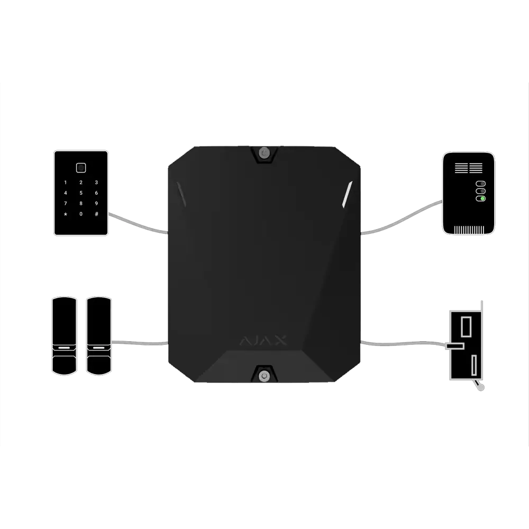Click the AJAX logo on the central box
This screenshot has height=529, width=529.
point(263,340)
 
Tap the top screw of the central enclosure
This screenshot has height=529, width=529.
point(264,153)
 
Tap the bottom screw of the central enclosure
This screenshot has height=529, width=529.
point(264,376)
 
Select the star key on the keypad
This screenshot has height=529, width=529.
point(66,214)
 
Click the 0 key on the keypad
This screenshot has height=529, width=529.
point(81,214)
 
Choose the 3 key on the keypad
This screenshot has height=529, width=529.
point(96,183)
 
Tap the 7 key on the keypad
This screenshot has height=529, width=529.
point(66,204)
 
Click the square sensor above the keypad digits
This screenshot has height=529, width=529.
point(81,168)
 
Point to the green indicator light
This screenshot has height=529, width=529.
point(482,199)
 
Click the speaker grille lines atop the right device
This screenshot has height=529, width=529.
point(469,168)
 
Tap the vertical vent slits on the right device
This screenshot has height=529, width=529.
point(469,230)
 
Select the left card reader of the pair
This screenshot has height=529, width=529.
point(64,336)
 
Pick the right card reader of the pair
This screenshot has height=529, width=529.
point(99,336)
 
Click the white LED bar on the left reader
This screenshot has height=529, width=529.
point(64,348)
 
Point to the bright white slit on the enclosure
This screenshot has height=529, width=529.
point(347,194)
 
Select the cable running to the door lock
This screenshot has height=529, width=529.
point(404,344)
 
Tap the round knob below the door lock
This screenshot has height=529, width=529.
point(481,388)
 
